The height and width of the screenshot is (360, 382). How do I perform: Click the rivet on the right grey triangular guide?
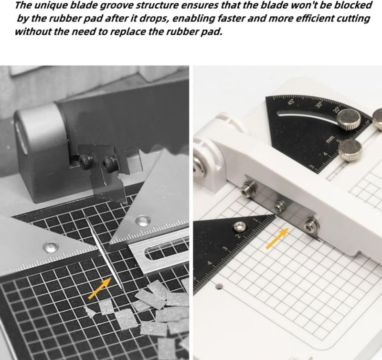click(x=141, y=220)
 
